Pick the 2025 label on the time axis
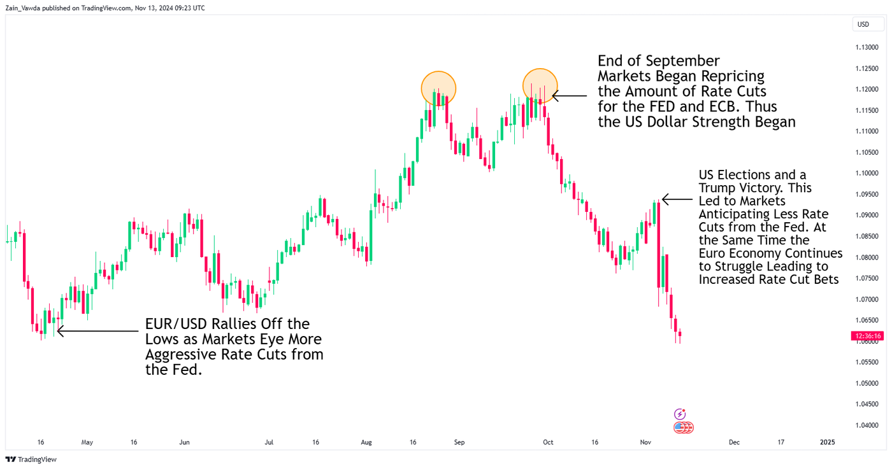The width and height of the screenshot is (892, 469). coord(827,442)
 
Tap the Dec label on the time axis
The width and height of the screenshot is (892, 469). coord(734,442)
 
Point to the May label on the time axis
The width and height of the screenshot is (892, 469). coord(87,442)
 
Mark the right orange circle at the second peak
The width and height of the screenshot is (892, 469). coord(540,86)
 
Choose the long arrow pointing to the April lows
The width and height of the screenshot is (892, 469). coord(99,331)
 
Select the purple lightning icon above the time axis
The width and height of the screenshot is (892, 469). coord(680,414)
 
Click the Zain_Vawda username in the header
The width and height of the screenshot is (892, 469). coord(25,8)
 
